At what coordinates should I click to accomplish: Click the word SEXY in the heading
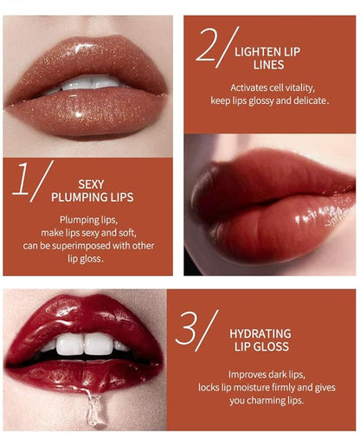[x=91, y=184]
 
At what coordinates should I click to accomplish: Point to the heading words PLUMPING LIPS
[x=91, y=197]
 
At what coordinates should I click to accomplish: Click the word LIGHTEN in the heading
[x=255, y=51]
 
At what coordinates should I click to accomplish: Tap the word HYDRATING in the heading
[x=260, y=333]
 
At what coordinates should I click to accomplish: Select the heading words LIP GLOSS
[x=260, y=346]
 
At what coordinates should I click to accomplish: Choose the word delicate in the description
[x=306, y=100]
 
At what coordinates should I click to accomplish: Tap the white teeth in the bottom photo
[x=85, y=344]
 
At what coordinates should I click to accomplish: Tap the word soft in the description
[x=127, y=233]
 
